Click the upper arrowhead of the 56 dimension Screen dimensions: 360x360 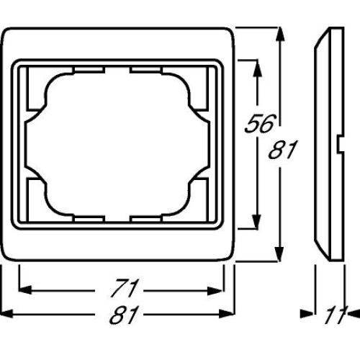coord(256,66)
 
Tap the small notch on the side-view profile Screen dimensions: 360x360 coord(338,149)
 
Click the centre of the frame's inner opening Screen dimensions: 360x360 coord(120,144)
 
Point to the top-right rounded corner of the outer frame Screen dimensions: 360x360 coord(232,33)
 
